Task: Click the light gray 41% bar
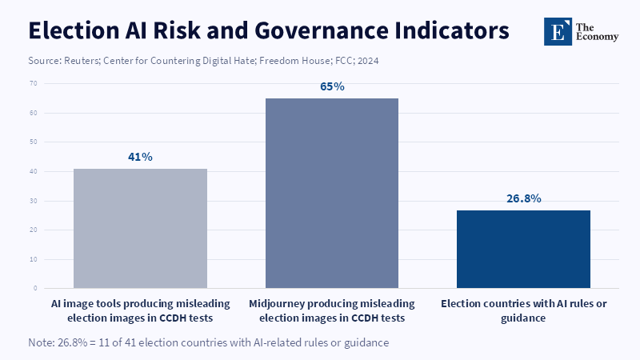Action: coord(140,229)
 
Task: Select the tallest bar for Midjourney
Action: coord(332,193)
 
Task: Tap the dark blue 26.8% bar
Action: coord(523,250)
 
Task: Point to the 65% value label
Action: coord(332,86)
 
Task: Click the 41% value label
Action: coord(140,157)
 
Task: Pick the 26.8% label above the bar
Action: coord(524,198)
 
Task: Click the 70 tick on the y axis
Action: coord(33,83)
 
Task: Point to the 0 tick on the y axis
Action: coord(35,288)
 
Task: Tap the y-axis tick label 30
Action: coord(33,201)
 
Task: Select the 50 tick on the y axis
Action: coord(33,142)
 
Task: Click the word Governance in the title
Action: coord(322,30)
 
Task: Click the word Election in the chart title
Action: coord(74,30)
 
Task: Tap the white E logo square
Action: coord(558,31)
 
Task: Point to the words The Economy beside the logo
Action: coord(597,32)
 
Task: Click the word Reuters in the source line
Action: coord(82,61)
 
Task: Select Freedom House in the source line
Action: coord(294,61)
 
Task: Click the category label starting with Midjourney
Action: coord(332,310)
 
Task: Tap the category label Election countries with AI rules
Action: coord(524,310)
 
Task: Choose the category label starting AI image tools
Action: coord(140,310)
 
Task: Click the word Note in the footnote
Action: coord(41,342)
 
